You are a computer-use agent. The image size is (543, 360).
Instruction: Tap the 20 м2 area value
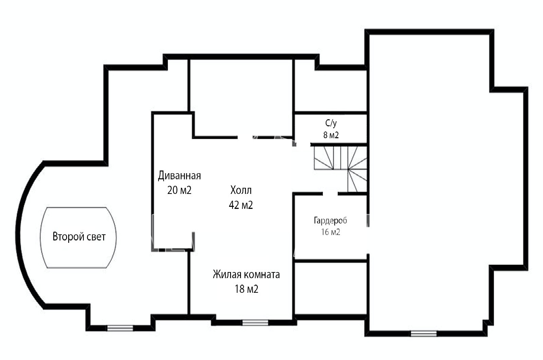180,190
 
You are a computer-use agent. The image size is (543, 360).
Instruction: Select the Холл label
241,190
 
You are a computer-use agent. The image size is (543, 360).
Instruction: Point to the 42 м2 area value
241,205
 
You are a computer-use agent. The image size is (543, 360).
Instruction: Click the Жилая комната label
246,275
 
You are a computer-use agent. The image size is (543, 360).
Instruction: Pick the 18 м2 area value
246,289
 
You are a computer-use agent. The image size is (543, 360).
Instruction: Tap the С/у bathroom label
331,124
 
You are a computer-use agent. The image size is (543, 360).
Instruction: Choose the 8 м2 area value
331,135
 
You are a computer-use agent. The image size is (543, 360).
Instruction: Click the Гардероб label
331,220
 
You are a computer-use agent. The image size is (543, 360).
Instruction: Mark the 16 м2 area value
331,232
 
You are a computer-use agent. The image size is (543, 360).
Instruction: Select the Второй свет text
79,237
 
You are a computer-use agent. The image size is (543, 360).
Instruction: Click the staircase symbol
340,169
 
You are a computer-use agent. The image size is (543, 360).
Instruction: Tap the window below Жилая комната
255,323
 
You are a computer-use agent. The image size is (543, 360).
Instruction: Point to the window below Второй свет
120,328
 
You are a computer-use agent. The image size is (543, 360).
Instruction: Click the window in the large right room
424,334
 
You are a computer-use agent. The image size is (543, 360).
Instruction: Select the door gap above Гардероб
330,194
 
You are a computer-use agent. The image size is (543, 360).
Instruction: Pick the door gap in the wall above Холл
245,137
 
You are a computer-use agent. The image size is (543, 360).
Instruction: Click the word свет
96,237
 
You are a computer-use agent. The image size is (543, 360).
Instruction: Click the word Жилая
227,275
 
